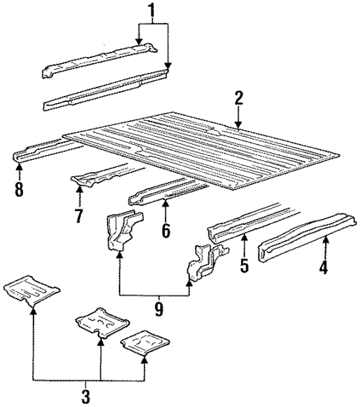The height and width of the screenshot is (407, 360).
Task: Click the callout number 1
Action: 152,11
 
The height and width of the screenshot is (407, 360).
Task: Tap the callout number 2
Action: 238,99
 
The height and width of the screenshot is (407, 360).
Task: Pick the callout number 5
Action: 244,265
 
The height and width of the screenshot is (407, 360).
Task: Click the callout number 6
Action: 166,231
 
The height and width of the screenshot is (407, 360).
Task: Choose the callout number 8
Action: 19,189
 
